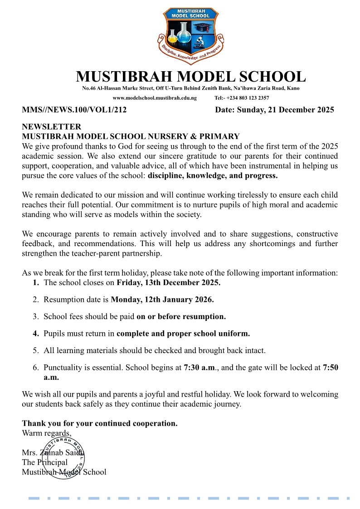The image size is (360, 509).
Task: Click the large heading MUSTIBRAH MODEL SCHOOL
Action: [x=190, y=76]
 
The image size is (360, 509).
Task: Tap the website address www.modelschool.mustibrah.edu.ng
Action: [x=155, y=98]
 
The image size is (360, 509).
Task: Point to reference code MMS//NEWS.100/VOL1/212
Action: [x=74, y=110]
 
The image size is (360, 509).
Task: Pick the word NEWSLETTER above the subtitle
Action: [x=52, y=127]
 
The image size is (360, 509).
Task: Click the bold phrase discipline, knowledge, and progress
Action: [x=213, y=175]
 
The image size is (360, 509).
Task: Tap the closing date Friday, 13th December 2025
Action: [x=169, y=282]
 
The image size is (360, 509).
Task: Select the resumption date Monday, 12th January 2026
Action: [x=162, y=300]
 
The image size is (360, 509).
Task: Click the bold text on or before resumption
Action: [x=181, y=316]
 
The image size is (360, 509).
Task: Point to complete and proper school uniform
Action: [x=183, y=334]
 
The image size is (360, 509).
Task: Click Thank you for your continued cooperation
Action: [x=100, y=423]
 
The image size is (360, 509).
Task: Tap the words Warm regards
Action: [x=47, y=432]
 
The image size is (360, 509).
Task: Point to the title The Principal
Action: [x=44, y=462]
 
